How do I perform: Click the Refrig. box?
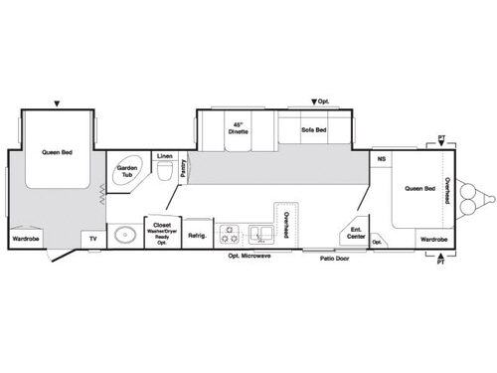point(197,235)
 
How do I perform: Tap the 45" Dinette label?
point(237,128)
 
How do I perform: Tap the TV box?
point(93,240)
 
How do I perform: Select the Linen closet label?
point(165,155)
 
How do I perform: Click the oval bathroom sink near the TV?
point(124,237)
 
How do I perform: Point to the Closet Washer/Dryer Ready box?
point(161,232)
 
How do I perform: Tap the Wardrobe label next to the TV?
point(26,239)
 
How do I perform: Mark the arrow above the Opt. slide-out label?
point(315,101)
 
